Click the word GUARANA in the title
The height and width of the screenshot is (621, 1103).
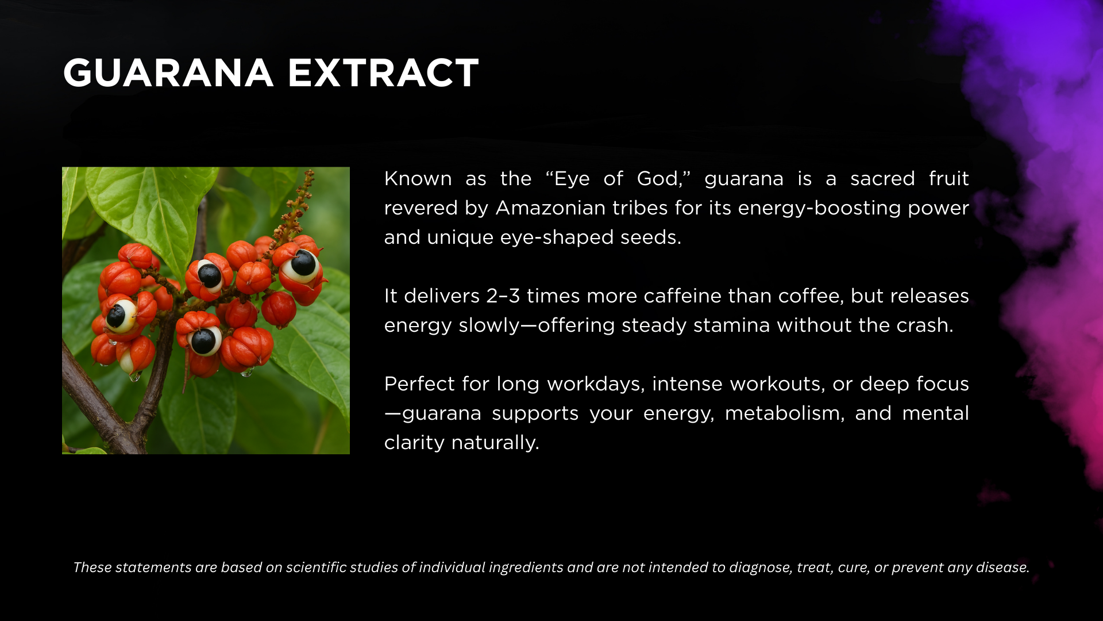168,73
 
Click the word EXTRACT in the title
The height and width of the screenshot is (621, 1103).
383,73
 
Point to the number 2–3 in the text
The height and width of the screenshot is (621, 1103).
503,296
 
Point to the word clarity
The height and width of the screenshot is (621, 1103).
414,443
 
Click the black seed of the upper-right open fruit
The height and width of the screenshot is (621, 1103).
303,263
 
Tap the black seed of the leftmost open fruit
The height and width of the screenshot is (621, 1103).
116,315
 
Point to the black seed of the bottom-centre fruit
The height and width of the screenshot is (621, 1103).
203,341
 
